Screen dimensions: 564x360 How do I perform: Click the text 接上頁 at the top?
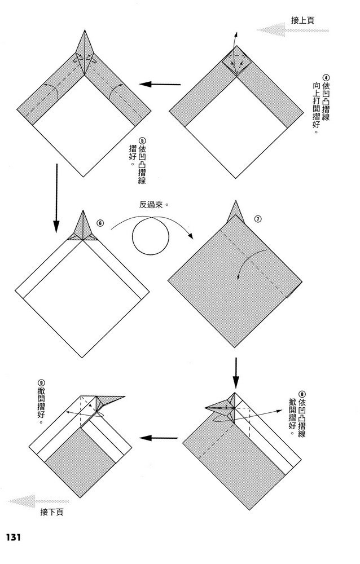pos(302,20)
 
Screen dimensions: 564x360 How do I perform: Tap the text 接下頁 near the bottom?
pos(52,512)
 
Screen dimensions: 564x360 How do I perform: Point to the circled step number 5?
pos(134,142)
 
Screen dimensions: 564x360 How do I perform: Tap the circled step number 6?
pos(100,223)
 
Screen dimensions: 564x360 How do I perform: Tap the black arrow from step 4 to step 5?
pos(160,85)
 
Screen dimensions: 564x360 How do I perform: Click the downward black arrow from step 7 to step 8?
pos(236,371)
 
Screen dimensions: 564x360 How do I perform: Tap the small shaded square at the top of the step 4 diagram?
pos(236,59)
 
